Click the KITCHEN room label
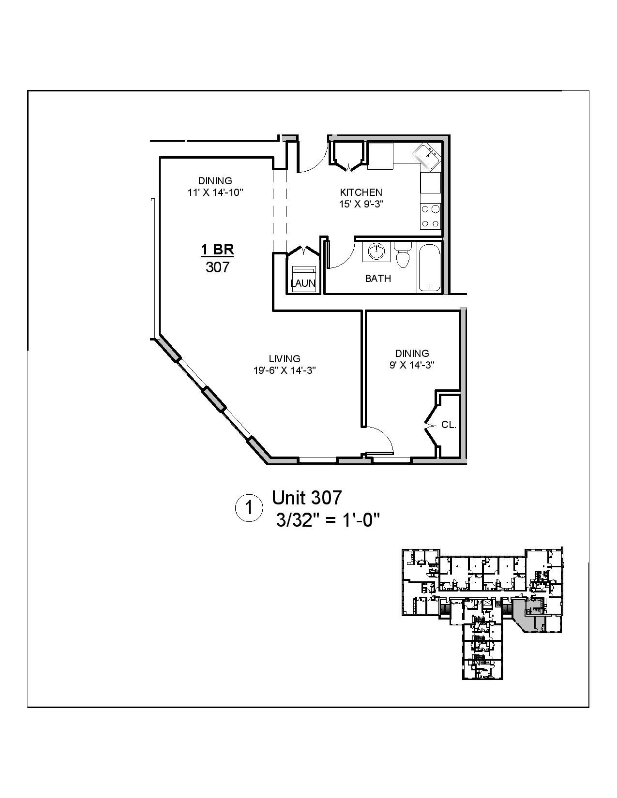pyautogui.click(x=361, y=192)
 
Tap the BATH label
pyautogui.click(x=378, y=279)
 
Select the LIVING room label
pyautogui.click(x=285, y=359)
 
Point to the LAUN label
pyautogui.click(x=303, y=283)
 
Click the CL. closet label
pyautogui.click(x=449, y=425)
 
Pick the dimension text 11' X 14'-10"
pyautogui.click(x=215, y=192)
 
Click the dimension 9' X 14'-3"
pyautogui.click(x=412, y=365)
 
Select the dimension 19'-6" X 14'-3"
pyautogui.click(x=285, y=370)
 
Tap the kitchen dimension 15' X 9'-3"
pyautogui.click(x=361, y=204)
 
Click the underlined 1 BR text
pyautogui.click(x=217, y=250)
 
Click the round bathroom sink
pyautogui.click(x=376, y=251)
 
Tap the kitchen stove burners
pyautogui.click(x=430, y=216)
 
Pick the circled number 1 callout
pyautogui.click(x=249, y=508)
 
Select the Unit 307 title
pyautogui.click(x=307, y=498)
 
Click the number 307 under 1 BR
pyautogui.click(x=217, y=267)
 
